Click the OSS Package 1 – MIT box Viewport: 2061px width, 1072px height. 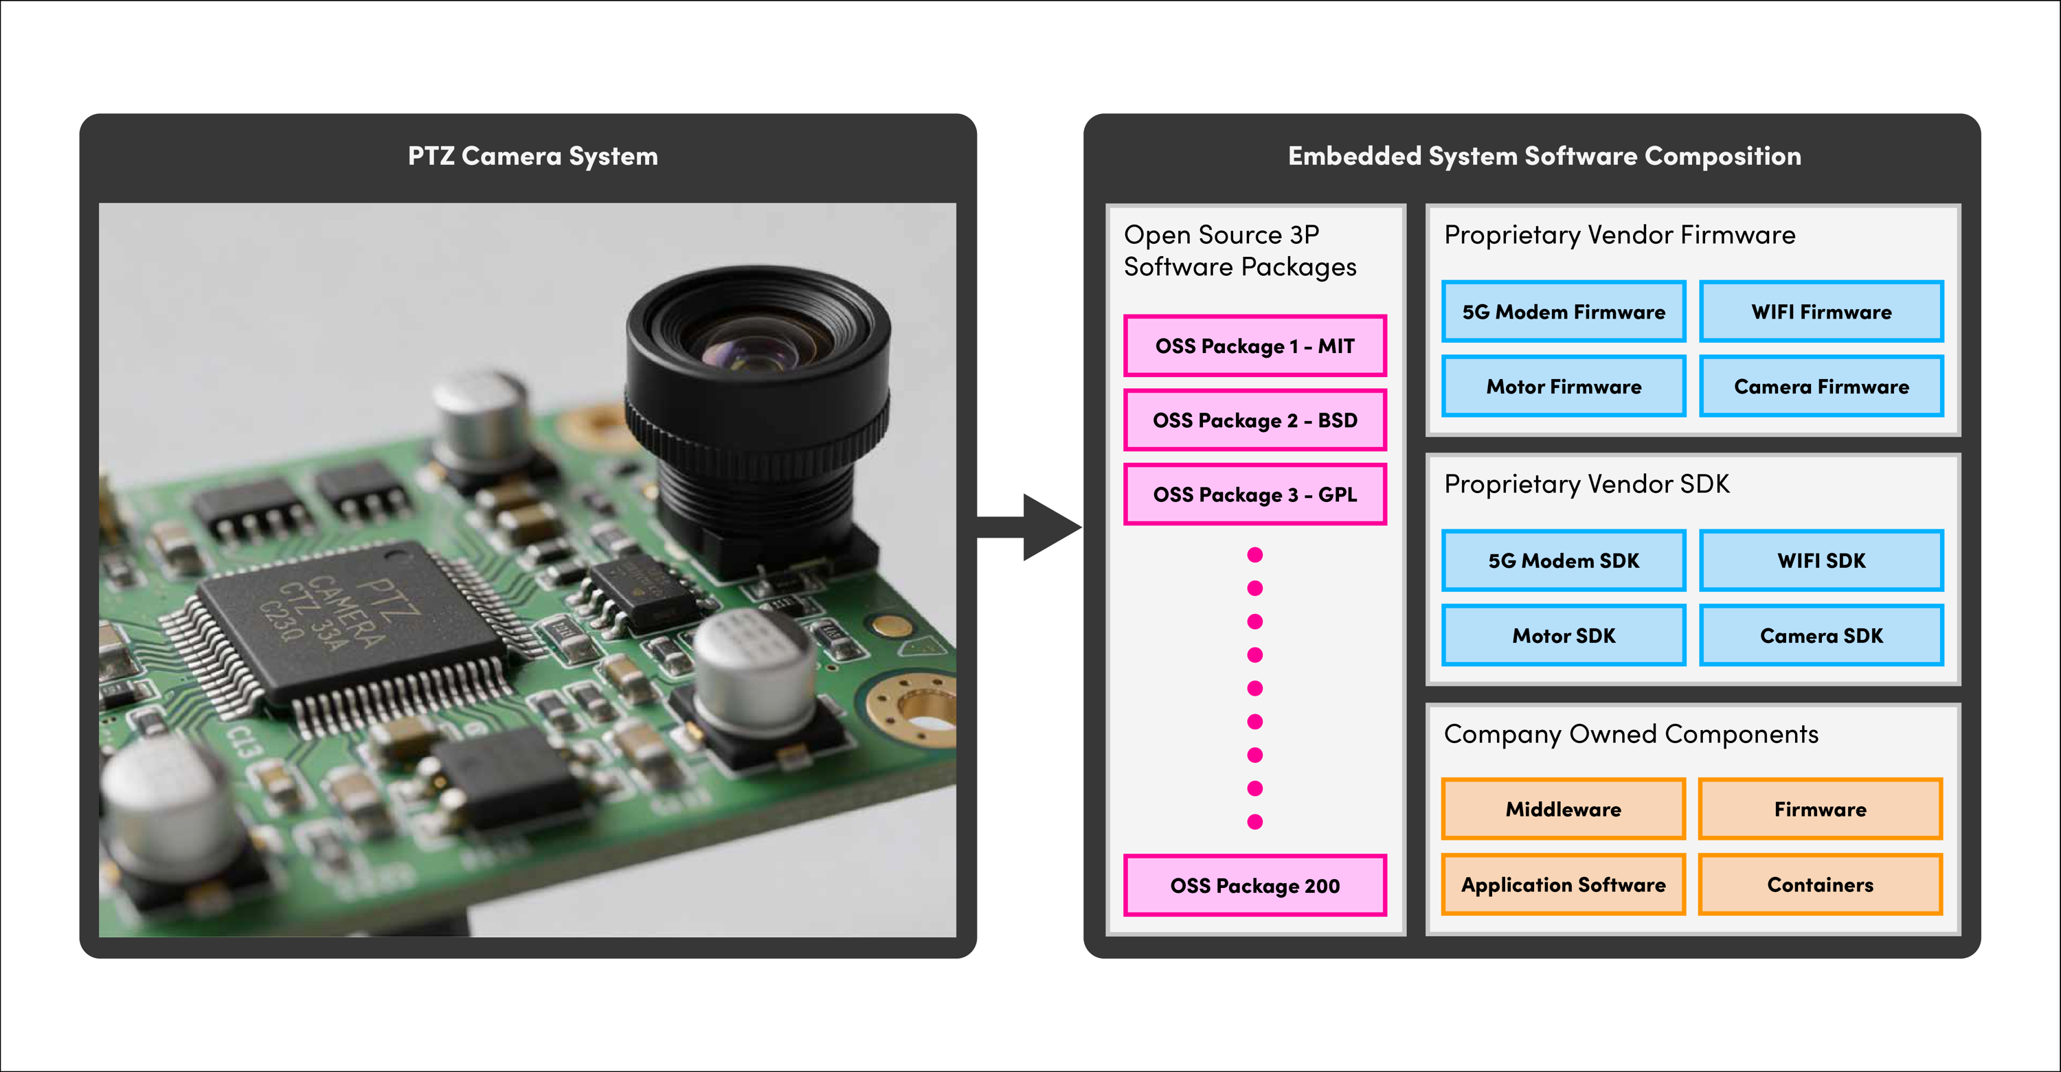1254,345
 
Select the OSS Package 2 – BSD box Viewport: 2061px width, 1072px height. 1254,420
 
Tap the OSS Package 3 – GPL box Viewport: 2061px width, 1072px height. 1254,494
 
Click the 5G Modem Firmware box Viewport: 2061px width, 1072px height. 1564,311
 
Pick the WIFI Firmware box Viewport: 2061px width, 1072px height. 1821,311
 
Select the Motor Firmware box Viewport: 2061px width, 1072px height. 1564,387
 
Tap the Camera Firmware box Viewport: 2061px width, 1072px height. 1821,387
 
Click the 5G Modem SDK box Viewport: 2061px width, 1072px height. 1564,560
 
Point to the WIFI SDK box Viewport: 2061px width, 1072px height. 1821,560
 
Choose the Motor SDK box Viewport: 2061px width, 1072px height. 1564,635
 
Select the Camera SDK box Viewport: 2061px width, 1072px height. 1821,635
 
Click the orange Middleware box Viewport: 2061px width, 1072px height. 1564,809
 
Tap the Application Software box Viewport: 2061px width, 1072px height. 1564,884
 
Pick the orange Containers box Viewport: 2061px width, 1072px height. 1820,884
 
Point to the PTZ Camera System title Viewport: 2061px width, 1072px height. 533,156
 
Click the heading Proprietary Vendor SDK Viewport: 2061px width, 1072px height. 1586,484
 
